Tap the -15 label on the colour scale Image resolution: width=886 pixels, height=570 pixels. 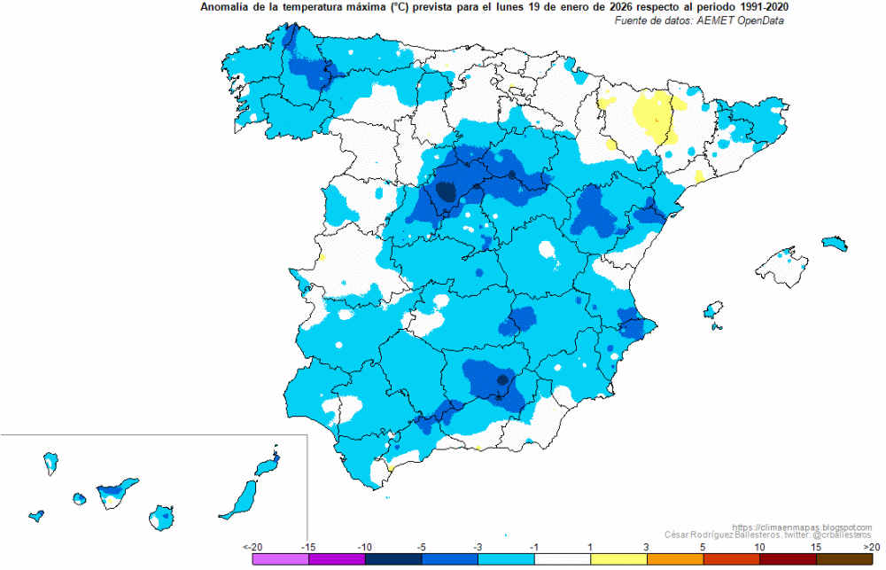(308, 547)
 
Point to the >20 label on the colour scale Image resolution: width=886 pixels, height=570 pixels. (872, 547)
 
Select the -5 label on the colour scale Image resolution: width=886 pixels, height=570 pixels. (421, 547)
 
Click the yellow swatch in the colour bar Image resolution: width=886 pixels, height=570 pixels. (618, 559)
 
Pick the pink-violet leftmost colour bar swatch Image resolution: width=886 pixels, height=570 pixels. (281, 559)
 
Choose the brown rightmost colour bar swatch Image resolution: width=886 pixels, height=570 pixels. (844, 559)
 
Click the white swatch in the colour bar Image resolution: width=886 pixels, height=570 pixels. (563, 559)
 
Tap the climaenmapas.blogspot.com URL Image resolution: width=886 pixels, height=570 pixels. (803, 527)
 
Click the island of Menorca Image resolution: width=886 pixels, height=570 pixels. (835, 243)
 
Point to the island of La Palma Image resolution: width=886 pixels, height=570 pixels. (51, 463)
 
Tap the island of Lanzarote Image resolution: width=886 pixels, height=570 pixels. (268, 465)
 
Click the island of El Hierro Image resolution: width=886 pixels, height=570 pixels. (36, 516)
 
